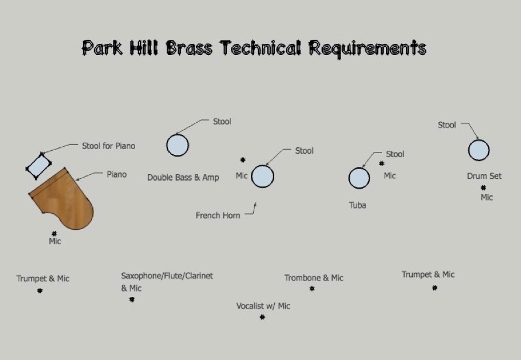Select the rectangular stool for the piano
[39, 166]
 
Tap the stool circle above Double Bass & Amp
[178, 145]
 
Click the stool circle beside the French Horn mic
[263, 176]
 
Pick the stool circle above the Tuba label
[359, 178]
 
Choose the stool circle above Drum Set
[479, 150]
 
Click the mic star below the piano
[54, 233]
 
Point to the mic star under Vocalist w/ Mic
[262, 317]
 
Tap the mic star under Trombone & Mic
[312, 289]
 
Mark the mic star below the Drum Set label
[483, 188]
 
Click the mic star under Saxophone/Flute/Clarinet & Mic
[132, 300]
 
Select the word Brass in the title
[189, 48]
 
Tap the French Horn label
[218, 216]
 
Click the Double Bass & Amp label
[183, 177]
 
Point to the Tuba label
[357, 205]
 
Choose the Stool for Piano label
[109, 146]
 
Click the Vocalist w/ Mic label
[263, 306]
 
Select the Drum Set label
[484, 176]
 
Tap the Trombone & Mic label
[313, 278]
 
